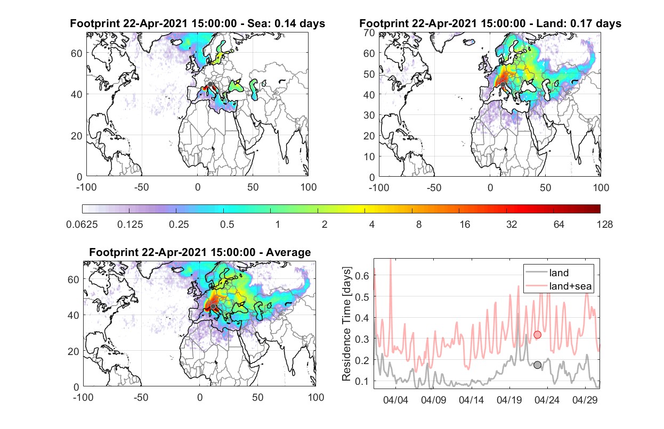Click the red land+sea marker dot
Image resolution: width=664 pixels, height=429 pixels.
pyautogui.click(x=537, y=335)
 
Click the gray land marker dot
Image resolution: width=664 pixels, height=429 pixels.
pyautogui.click(x=537, y=365)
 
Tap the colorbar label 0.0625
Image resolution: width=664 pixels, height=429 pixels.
pyautogui.click(x=82, y=225)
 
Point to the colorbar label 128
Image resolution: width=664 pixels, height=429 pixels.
pyautogui.click(x=604, y=225)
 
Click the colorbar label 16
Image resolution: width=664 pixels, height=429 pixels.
pyautogui.click(x=465, y=225)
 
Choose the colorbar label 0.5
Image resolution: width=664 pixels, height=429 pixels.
pyautogui.click(x=227, y=225)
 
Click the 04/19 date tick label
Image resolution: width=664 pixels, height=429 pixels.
pyautogui.click(x=509, y=400)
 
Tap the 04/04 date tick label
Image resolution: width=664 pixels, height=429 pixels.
pyautogui.click(x=395, y=400)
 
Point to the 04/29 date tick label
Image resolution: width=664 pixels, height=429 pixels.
pyautogui.click(x=585, y=400)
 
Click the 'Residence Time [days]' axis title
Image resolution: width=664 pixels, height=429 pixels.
pyautogui.click(x=346, y=324)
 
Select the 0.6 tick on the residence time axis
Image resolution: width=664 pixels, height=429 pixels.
pyautogui.click(x=362, y=276)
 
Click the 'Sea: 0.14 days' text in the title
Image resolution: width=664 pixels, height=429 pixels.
pyautogui.click(x=286, y=23)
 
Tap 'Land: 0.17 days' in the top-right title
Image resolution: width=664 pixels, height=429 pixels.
pyautogui.click(x=579, y=23)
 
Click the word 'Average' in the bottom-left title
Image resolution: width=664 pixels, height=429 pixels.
pyautogui.click(x=288, y=252)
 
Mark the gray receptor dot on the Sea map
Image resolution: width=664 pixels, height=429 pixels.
pyautogui.click(x=210, y=85)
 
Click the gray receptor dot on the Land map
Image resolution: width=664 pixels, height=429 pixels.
pyautogui.click(x=503, y=85)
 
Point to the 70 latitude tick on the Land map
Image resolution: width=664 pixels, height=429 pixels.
pyautogui.click(x=369, y=33)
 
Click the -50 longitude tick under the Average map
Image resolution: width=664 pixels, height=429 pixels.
pyautogui.click(x=141, y=397)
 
